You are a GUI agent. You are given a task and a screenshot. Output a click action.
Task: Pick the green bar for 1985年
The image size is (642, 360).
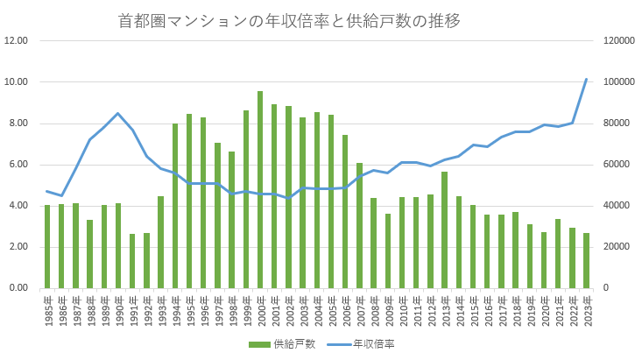pos(47,246)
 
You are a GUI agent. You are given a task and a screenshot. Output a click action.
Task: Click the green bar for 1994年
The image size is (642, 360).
pos(175,206)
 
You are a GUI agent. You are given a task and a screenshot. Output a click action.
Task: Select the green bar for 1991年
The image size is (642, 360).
pos(132,260)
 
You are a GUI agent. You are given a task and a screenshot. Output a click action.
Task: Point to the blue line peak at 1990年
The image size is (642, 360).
pos(118,113)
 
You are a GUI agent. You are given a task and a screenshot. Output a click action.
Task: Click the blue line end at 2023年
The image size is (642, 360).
pos(586,80)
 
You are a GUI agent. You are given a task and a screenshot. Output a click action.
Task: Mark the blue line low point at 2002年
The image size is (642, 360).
pos(288,198)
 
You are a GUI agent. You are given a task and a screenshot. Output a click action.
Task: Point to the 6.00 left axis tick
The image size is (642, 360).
pos(18,165)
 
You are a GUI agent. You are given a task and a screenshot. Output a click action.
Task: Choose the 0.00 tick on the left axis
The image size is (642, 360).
pos(18,288)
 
